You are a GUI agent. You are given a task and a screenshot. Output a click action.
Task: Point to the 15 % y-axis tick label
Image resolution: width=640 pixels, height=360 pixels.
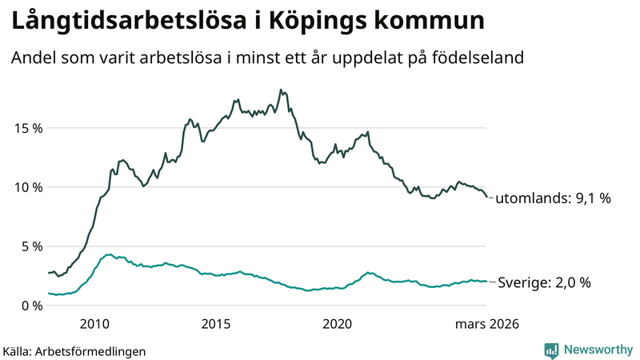click(x=28, y=128)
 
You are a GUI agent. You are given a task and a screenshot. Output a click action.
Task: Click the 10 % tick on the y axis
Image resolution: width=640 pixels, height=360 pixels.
click(x=28, y=187)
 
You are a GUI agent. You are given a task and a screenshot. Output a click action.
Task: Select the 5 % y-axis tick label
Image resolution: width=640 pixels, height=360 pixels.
click(x=31, y=246)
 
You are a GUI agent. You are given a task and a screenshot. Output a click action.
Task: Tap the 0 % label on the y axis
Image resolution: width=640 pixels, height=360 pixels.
click(x=31, y=306)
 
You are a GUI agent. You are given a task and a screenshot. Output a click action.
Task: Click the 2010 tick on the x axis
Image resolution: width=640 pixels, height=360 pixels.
click(x=94, y=324)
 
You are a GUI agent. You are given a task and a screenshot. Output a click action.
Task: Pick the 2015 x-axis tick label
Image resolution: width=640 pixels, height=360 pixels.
click(x=216, y=324)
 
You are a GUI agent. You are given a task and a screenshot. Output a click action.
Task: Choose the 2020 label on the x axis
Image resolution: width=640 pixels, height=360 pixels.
click(x=338, y=324)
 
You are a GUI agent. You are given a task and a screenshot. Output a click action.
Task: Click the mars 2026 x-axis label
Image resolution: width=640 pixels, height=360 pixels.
click(x=487, y=324)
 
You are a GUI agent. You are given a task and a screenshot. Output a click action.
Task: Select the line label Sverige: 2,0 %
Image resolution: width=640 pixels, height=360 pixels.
click(x=544, y=282)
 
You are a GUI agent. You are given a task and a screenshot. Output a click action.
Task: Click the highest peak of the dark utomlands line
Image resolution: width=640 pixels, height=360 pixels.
click(x=281, y=90)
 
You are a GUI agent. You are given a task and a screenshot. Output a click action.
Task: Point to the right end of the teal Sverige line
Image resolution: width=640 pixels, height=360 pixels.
click(x=487, y=282)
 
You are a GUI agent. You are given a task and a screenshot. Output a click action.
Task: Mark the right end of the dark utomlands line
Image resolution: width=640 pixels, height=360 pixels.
click(x=487, y=198)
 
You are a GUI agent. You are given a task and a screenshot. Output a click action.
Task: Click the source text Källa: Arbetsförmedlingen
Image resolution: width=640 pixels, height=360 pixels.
click(x=74, y=350)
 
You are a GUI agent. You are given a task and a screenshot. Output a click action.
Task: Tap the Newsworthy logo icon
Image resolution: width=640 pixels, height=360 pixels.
click(x=551, y=350)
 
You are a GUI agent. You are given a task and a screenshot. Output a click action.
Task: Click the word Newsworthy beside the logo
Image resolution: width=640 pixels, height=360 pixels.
click(x=597, y=350)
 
